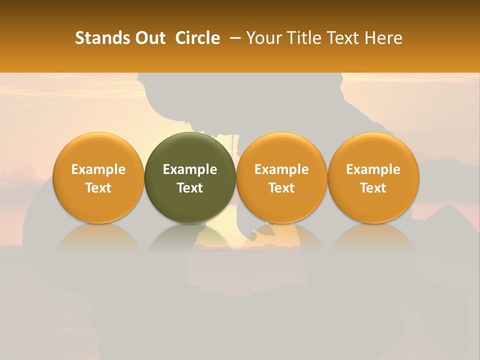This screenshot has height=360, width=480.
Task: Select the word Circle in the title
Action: click(x=197, y=38)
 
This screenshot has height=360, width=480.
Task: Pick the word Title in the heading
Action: click(x=306, y=38)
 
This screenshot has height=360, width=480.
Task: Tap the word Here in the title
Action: click(x=383, y=38)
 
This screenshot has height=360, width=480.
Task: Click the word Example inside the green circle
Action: click(x=190, y=169)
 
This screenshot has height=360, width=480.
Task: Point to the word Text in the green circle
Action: click(x=190, y=188)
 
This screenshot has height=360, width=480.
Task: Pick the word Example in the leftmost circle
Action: click(x=98, y=169)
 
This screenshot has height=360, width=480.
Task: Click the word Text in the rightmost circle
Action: click(x=373, y=188)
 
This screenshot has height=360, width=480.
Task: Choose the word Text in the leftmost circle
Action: click(x=98, y=188)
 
